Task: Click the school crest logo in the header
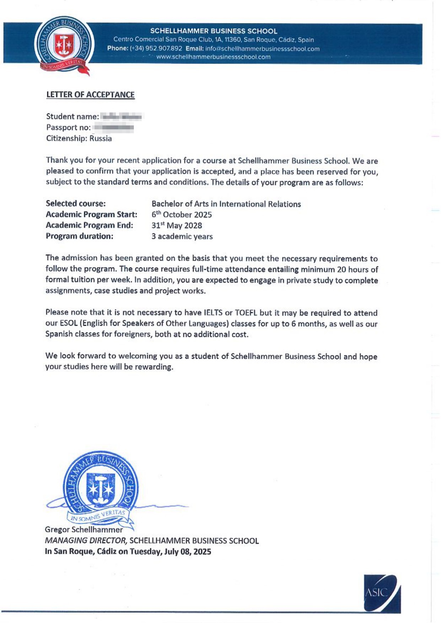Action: tap(64, 45)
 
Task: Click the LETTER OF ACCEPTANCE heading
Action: tap(90, 95)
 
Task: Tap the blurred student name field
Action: tap(121, 117)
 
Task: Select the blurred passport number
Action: tap(113, 128)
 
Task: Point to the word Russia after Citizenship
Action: tap(101, 139)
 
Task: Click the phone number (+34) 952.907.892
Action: tap(156, 49)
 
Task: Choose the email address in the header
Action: tap(262, 49)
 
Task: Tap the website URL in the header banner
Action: tap(213, 57)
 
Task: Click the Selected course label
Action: tap(76, 204)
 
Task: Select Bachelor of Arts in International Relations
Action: tap(226, 204)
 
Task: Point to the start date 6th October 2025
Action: tap(182, 215)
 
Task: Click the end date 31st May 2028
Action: tap(177, 226)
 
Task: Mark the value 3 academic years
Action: tap(182, 237)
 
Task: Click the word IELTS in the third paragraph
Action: tap(213, 313)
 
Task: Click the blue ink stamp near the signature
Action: tap(101, 488)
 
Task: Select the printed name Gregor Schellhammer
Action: tap(84, 530)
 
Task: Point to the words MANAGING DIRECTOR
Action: tap(86, 541)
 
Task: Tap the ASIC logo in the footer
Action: tap(382, 594)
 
